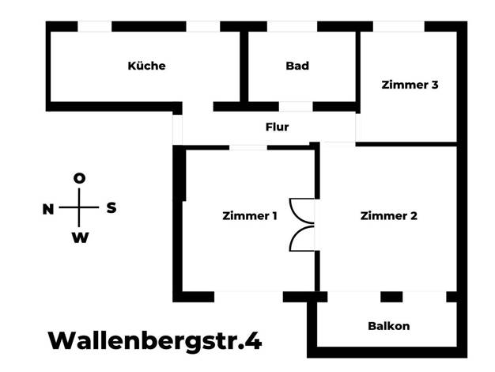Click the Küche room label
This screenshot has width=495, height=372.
[x=146, y=66]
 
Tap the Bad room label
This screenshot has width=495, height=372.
[x=297, y=66]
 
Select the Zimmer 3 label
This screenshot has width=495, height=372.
[x=410, y=85]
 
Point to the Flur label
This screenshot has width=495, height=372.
[x=277, y=127]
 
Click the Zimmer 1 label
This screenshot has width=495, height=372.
[x=250, y=216]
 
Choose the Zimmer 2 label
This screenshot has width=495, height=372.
[x=388, y=216]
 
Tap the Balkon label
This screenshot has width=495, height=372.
[x=388, y=326]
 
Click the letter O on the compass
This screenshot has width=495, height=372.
[x=79, y=179]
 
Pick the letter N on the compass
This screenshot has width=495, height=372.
[x=48, y=209]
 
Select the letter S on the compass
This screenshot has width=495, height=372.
[x=111, y=208]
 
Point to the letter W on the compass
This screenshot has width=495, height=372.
[x=80, y=237]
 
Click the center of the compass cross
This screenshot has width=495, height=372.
[x=79, y=207]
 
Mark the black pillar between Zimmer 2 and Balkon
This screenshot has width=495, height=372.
[x=391, y=297]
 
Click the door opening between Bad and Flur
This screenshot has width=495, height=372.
[x=296, y=107]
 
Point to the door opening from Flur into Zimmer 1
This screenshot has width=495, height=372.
[x=248, y=147]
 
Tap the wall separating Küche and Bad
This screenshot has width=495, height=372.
[x=244, y=66]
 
